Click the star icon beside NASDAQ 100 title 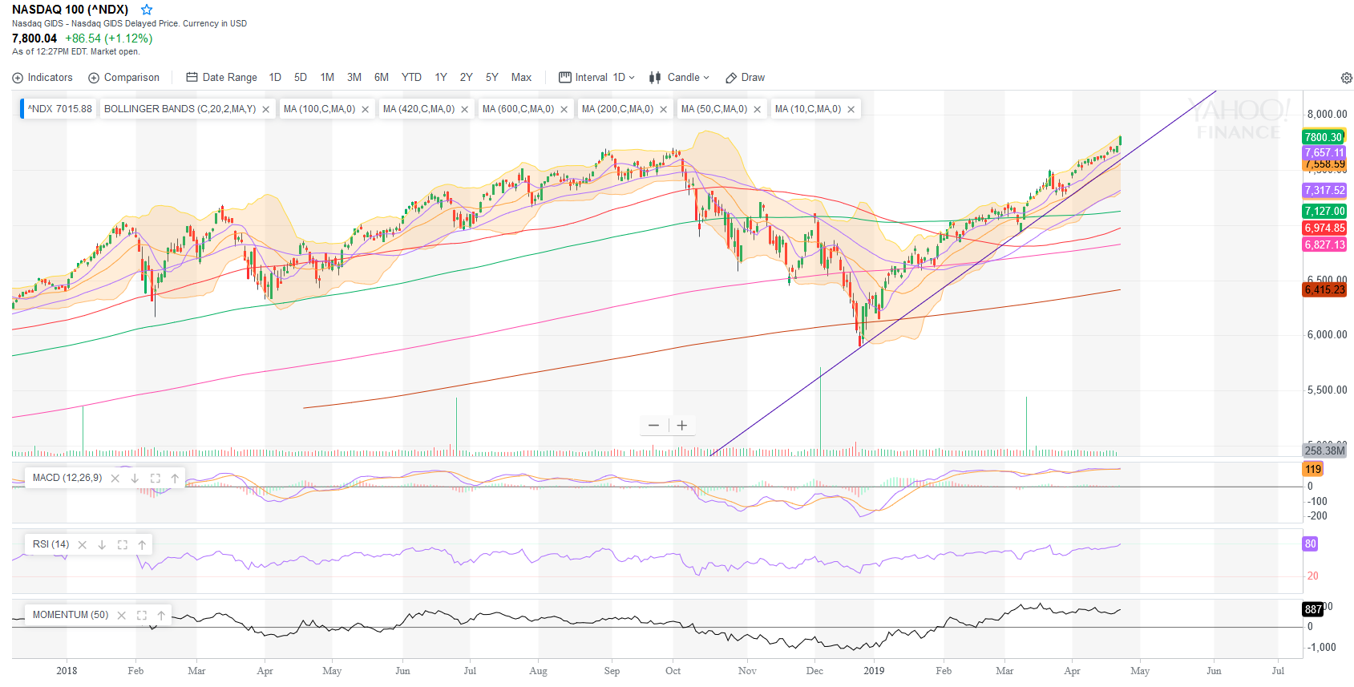[x=146, y=10]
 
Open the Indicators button [x=42, y=78]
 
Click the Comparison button [x=123, y=78]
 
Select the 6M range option [x=382, y=78]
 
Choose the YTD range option [x=411, y=78]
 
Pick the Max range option [x=521, y=78]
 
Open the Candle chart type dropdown [x=680, y=78]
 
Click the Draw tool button [x=746, y=78]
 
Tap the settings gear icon [x=1347, y=78]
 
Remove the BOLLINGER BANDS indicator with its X [x=266, y=110]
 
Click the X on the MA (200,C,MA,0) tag [x=664, y=110]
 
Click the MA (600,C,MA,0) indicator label [x=518, y=109]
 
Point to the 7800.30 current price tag [x=1324, y=137]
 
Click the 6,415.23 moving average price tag [x=1324, y=290]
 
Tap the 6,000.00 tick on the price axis [x=1327, y=335]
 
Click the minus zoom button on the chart [x=653, y=426]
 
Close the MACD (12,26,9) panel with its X [x=115, y=479]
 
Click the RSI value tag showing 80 [x=1310, y=544]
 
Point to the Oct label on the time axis [x=673, y=671]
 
